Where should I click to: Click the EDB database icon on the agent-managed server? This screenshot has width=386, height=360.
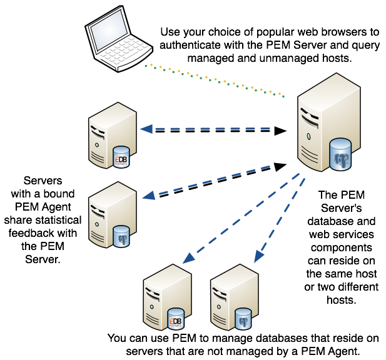tap(120, 157)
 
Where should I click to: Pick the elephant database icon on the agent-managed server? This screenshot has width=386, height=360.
tap(121, 237)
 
